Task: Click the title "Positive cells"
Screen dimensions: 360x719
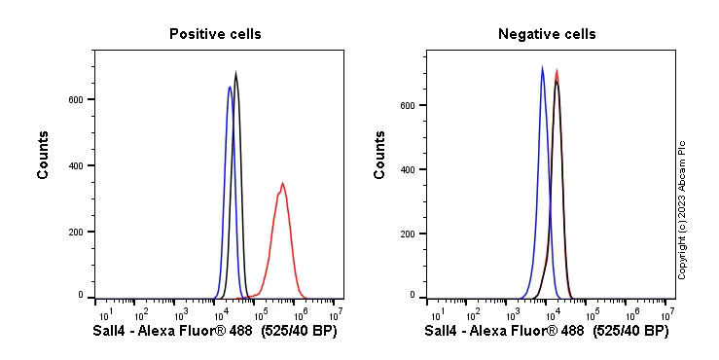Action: tap(215, 34)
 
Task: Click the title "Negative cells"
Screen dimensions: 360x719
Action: tap(547, 34)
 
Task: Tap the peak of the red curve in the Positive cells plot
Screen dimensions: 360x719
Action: tap(282, 183)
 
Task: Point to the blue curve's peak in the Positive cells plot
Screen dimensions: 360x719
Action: tap(230, 87)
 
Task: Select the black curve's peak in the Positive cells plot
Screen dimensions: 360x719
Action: tap(235, 72)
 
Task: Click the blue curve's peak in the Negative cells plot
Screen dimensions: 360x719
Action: tap(542, 67)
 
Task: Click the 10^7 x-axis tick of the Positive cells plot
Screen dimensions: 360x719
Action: tap(336, 314)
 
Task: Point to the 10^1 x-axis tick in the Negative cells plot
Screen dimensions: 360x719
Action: tap(438, 314)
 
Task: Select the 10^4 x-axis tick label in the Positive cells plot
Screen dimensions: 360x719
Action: tap(220, 314)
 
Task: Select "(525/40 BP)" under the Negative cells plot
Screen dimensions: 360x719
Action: tap(630, 332)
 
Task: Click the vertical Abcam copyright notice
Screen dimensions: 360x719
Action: tap(683, 209)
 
